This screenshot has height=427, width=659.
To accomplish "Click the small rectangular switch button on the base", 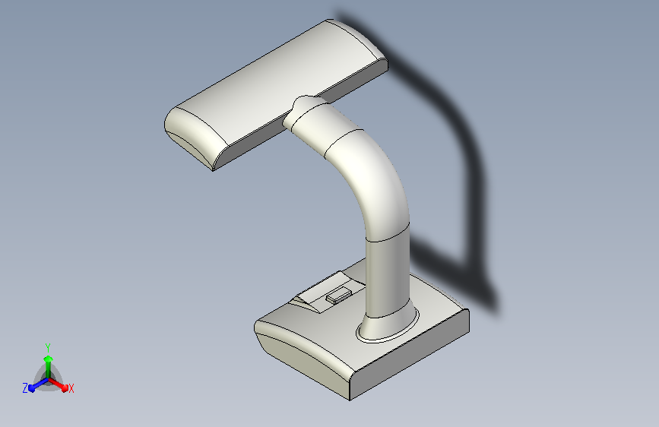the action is point(339,295).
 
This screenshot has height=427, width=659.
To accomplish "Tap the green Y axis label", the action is point(48,347).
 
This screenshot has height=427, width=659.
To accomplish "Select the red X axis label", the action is point(71,388).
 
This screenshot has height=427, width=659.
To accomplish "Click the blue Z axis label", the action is point(25,388).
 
